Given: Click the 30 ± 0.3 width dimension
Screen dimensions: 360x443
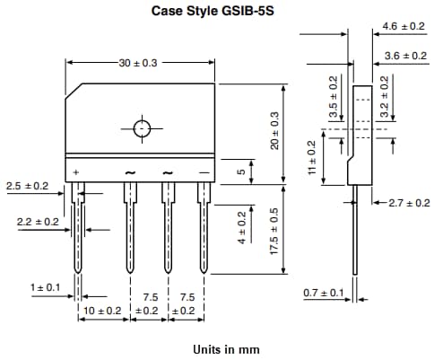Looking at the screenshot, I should coord(139,63).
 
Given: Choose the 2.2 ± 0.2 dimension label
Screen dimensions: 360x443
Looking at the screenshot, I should coord(38,221).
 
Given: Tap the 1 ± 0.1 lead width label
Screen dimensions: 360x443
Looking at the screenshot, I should coord(45,287).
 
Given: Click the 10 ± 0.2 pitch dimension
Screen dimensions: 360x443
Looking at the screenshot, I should coord(102,310).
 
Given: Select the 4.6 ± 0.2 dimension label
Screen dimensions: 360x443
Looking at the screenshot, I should coord(403,27).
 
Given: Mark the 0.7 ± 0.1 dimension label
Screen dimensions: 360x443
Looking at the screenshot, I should coord(324,294).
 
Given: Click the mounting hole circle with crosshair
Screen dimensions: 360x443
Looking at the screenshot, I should coord(141,128).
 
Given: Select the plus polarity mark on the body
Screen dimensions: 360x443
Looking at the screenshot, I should coord(76,171).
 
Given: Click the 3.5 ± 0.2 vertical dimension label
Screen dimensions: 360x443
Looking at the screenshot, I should coord(334,98).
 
